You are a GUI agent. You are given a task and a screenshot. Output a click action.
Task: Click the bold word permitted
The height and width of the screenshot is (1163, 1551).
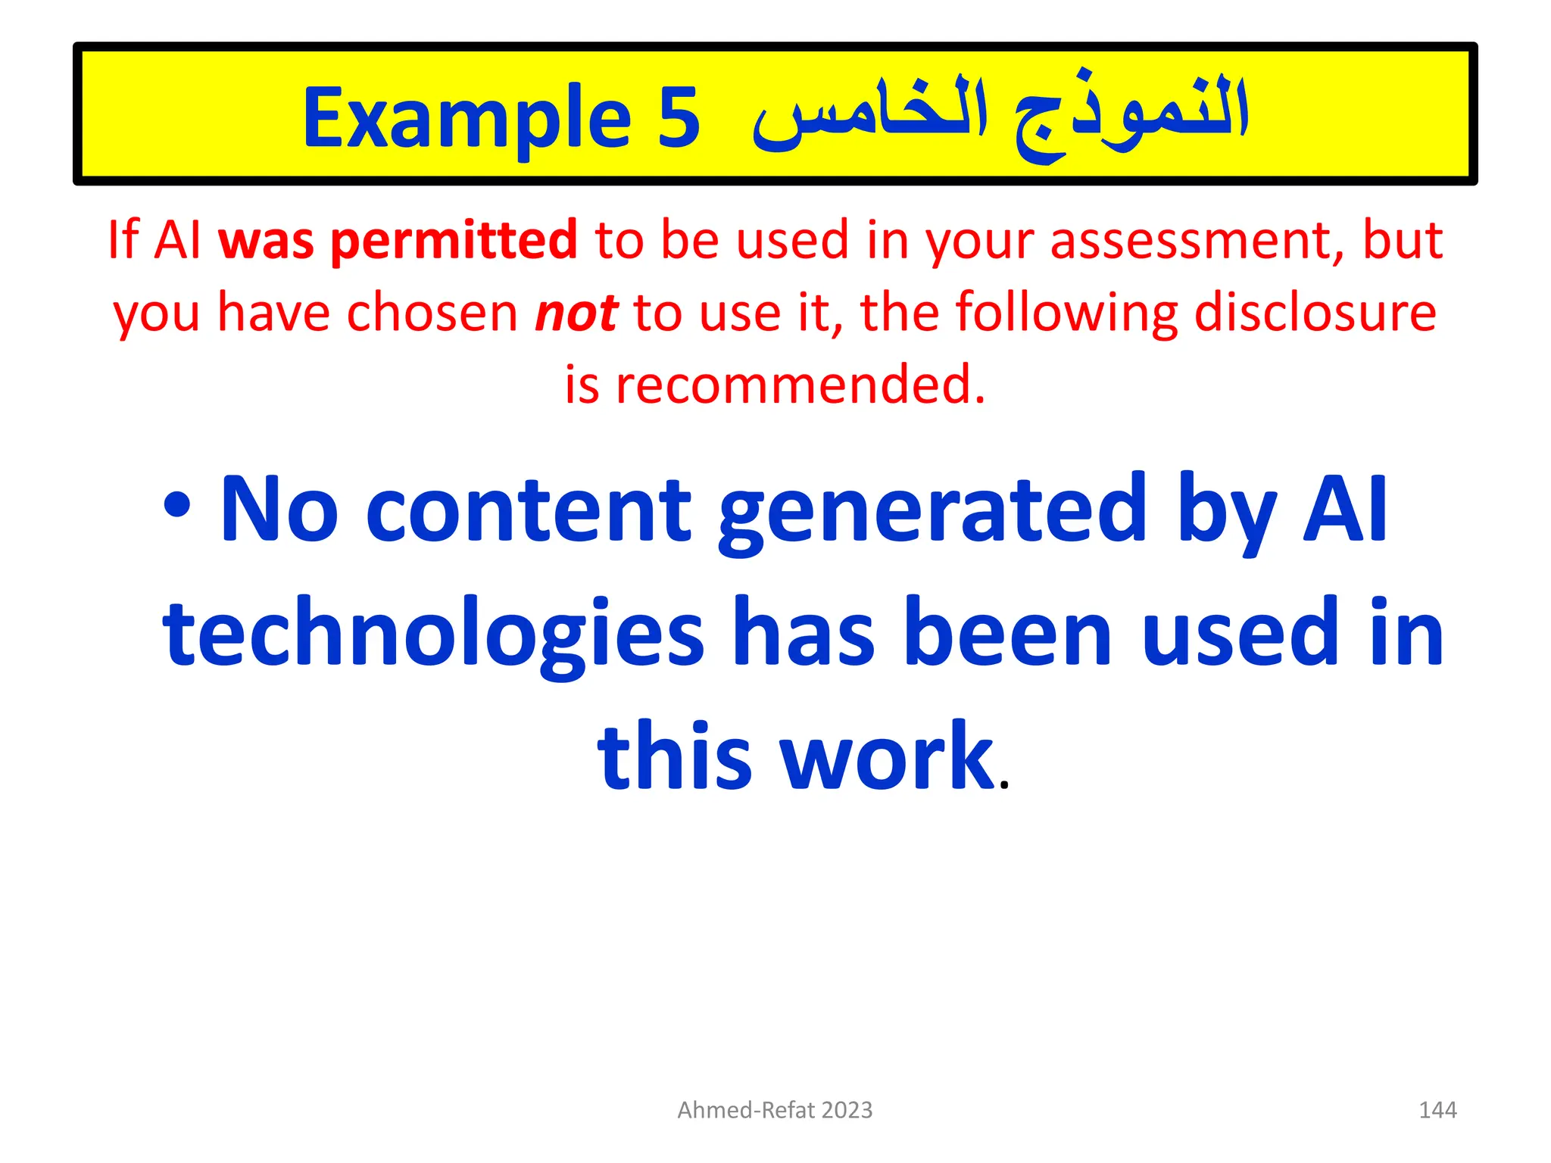[454, 241]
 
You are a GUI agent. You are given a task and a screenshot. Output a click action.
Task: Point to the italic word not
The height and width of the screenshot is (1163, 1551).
[576, 313]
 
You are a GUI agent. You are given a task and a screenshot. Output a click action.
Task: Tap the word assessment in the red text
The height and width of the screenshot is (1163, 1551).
[1197, 241]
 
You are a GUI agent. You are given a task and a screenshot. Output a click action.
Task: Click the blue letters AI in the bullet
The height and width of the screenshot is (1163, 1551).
[1344, 509]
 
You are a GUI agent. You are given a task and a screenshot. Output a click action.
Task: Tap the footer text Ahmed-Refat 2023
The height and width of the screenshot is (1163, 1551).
[775, 1110]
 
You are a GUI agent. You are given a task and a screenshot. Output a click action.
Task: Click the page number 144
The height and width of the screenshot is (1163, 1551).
[1437, 1110]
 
